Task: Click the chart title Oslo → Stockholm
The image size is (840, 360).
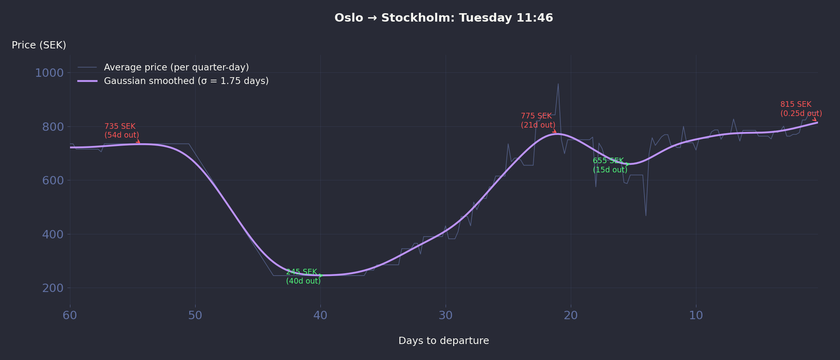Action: coord(444,18)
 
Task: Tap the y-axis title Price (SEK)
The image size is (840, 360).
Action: coord(39,45)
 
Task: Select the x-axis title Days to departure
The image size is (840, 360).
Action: coord(444,341)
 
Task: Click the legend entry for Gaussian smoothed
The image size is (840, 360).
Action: coord(186,81)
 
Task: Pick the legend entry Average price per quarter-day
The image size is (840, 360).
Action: coord(176,67)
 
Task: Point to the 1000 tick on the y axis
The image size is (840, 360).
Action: coord(49,73)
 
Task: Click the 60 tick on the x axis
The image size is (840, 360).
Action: coord(70,316)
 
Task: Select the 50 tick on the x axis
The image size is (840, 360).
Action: coord(195,316)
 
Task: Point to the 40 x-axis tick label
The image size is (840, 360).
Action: coord(320,316)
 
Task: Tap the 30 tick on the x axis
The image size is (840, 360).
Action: coord(446,316)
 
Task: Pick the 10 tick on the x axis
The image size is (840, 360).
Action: coord(696,316)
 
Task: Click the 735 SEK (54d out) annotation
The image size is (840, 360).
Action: coord(122,131)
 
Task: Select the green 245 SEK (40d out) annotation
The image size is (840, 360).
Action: coord(303,276)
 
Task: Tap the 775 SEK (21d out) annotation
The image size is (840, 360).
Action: coord(538,120)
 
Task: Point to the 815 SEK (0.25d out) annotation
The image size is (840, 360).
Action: coord(801,109)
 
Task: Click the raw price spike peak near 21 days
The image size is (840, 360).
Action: coord(558,84)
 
